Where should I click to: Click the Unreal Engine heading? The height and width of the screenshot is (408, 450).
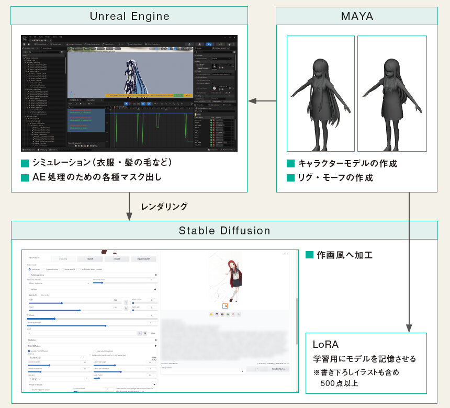130,16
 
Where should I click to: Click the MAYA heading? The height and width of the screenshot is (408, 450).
357,16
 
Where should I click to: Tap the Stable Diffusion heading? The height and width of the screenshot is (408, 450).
224,230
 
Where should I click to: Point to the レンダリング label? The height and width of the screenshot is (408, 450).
164,207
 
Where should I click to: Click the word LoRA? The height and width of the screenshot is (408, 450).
326,345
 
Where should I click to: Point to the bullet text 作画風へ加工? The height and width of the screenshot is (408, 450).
345,255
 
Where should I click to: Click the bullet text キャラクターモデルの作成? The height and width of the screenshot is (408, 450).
347,163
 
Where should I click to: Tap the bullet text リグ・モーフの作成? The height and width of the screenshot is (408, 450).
335,177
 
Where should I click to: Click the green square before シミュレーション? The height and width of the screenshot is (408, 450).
25,163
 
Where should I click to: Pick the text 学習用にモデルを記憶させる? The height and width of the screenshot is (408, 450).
364,359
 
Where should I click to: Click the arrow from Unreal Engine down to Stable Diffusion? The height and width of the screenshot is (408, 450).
130,207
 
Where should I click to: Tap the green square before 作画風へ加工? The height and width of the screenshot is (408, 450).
309,255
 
